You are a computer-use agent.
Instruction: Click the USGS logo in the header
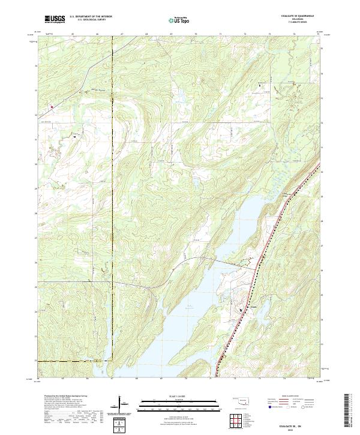click(55, 20)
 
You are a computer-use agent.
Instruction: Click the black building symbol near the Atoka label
click(241, 310)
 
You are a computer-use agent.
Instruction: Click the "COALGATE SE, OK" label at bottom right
click(293, 424)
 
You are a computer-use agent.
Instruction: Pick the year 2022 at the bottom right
click(293, 428)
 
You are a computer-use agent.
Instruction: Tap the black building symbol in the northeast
click(260, 85)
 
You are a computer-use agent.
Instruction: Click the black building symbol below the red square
click(74, 136)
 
